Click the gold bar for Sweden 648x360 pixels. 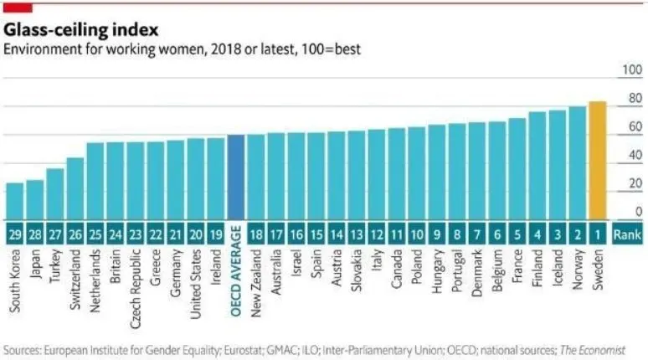598,160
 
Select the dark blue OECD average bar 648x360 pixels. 236,177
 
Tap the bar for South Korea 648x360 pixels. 15,201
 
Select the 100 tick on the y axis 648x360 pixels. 629,72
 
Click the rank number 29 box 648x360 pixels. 15,234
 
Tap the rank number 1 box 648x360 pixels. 598,234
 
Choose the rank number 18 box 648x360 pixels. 256,234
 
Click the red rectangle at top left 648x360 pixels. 18,6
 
